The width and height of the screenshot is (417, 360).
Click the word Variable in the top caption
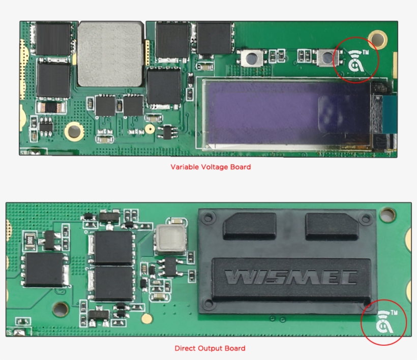[185, 167]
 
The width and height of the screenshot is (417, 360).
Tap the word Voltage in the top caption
[215, 167]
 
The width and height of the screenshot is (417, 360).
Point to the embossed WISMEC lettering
[291, 277]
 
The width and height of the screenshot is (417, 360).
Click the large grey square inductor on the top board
[110, 54]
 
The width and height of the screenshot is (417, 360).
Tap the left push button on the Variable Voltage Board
[252, 58]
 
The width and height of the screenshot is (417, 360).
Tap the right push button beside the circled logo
[327, 57]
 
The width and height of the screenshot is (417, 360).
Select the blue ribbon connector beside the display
[390, 114]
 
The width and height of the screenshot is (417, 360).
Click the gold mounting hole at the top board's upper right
[378, 39]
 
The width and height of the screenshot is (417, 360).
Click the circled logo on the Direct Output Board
[383, 322]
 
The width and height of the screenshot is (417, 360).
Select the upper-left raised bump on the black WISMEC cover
[250, 226]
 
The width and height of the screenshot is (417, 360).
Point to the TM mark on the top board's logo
[366, 52]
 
